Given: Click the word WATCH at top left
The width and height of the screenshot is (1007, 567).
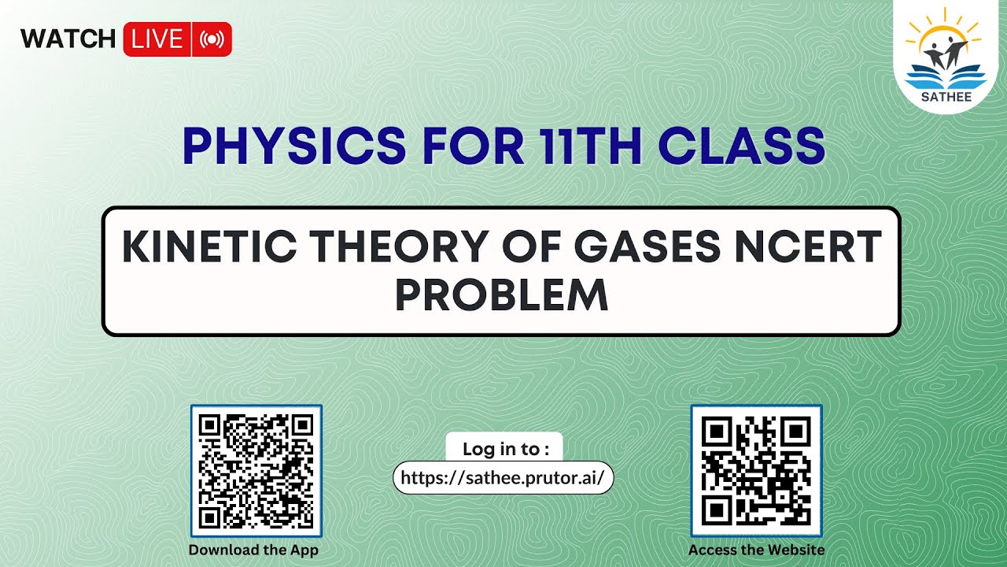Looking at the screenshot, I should [68, 39].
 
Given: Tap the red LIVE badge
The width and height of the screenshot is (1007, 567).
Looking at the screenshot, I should [157, 39].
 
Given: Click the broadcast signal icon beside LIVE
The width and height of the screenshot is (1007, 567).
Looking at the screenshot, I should [212, 39].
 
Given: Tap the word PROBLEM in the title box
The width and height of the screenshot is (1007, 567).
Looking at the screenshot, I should [501, 295].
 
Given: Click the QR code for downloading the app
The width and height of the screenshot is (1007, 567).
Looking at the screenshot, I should [256, 471].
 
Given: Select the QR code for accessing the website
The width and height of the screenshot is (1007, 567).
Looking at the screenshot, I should [756, 471].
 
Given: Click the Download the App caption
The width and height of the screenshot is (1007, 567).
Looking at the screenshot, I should [253, 550].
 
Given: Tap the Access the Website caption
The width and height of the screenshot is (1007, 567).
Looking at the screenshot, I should [756, 550].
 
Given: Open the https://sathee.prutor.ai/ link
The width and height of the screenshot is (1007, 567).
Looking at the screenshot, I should [503, 478].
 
